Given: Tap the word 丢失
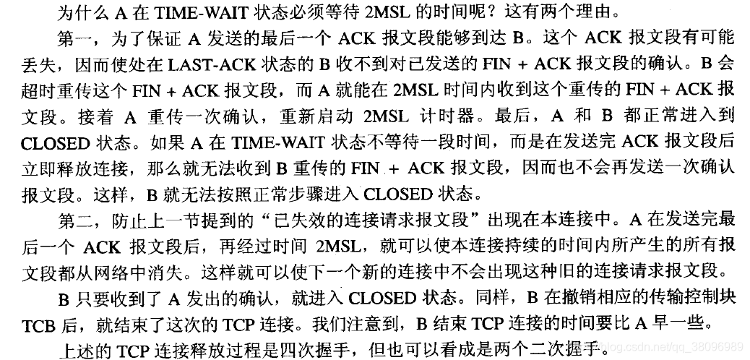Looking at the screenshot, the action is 36,64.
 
